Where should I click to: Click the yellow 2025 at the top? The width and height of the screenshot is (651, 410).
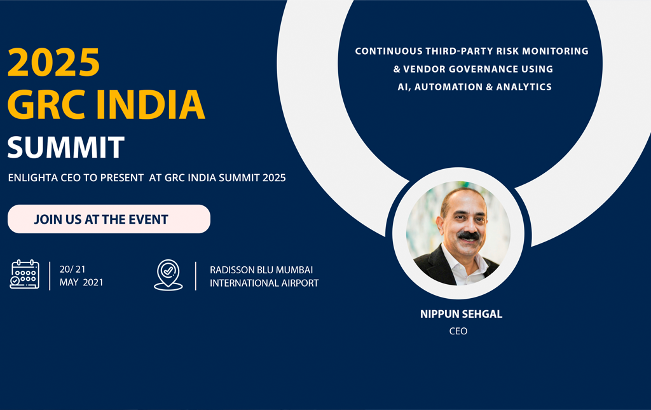[53, 62]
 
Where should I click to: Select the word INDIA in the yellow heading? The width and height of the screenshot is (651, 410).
[151, 104]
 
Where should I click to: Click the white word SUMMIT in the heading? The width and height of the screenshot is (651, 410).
[66, 147]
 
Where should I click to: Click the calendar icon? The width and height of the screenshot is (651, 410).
[25, 275]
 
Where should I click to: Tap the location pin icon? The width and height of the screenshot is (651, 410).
[168, 275]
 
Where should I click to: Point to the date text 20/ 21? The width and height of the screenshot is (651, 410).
[72, 270]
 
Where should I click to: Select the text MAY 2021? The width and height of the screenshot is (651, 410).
[81, 282]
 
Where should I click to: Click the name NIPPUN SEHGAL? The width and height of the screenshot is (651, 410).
[462, 314]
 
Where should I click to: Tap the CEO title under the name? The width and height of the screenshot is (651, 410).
[458, 331]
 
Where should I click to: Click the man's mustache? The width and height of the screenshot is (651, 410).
[469, 235]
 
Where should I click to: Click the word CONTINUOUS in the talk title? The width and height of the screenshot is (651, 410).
[388, 51]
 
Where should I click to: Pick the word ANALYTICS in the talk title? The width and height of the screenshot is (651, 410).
[524, 86]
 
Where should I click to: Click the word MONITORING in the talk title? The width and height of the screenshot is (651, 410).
[555, 51]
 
